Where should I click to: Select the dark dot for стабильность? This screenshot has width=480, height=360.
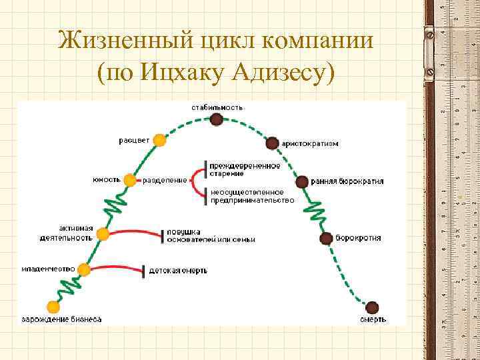pyautogui.click(x=216, y=119)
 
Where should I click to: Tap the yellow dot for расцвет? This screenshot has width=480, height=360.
pyautogui.click(x=159, y=140)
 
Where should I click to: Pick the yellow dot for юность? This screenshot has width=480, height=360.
pyautogui.click(x=130, y=180)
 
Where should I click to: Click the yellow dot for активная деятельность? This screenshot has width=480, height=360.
pyautogui.click(x=103, y=234)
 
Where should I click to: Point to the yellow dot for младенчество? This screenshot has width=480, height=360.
pyautogui.click(x=83, y=269)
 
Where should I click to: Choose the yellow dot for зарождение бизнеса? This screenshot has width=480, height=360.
pyautogui.click(x=53, y=307)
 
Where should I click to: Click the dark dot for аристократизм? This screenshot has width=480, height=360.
pyautogui.click(x=271, y=143)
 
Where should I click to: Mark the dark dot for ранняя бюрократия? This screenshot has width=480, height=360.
pyautogui.click(x=301, y=181)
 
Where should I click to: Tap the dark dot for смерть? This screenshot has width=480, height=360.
pyautogui.click(x=372, y=307)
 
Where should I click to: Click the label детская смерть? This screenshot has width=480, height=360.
pyautogui.click(x=178, y=271)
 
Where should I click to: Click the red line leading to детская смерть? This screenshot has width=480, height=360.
pyautogui.click(x=117, y=268)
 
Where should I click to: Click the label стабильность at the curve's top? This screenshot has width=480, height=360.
pyautogui.click(x=217, y=107)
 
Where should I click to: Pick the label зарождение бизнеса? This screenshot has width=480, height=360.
pyautogui.click(x=61, y=319)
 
